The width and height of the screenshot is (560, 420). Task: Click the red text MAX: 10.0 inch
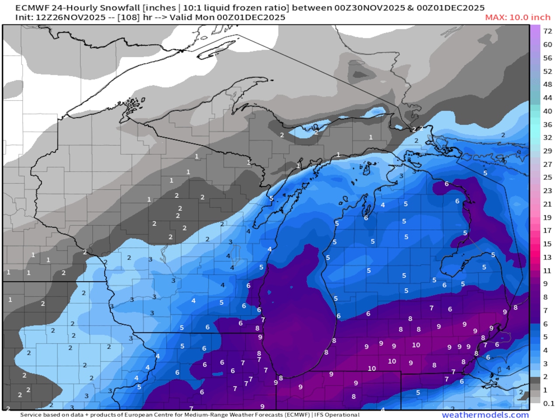518,17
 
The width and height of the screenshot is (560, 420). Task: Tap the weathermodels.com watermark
485,415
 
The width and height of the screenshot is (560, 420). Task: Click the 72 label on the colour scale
547,31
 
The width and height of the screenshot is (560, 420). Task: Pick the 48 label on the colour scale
547,84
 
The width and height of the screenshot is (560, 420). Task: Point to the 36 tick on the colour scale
547,124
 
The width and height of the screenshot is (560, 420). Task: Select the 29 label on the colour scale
547,150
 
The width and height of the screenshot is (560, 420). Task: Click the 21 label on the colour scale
547,204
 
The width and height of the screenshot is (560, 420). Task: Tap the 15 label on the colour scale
547,244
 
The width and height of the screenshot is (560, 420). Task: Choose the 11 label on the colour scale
547,270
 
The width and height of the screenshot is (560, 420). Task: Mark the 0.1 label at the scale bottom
548,403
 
